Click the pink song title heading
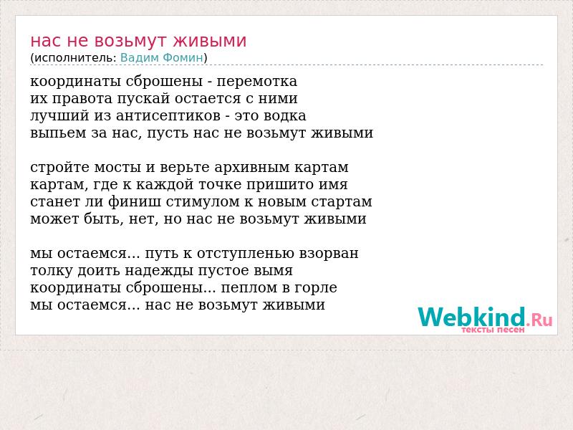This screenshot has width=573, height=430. tap(138, 41)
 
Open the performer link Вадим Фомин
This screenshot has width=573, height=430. tap(162, 58)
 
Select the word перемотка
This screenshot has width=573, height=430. tap(257, 82)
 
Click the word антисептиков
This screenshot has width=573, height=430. tap(168, 116)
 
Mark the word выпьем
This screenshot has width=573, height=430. tap(59, 133)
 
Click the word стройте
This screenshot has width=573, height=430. tap(60, 168)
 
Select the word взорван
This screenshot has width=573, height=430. tap(329, 254)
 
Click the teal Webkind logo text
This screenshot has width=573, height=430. tap(472, 317)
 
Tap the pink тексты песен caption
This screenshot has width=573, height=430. tap(493, 330)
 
